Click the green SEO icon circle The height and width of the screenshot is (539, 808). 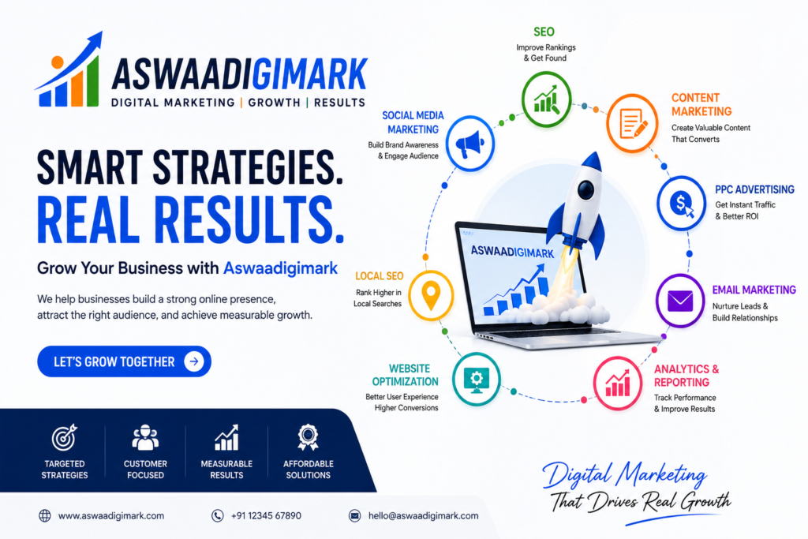pos(546,99)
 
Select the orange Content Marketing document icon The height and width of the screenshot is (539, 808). pos(632,124)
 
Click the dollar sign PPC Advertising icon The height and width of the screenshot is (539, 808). pos(682,203)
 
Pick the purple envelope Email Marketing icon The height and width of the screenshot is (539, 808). pos(680,301)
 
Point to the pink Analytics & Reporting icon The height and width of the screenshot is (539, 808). pos(617,384)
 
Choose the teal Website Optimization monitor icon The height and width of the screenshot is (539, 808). pos(477,380)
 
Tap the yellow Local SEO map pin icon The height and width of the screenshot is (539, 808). pos(432,295)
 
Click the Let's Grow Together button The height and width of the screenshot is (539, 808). pos(124,361)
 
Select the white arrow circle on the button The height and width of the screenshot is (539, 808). pos(194,361)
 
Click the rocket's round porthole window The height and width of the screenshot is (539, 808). pos(586,189)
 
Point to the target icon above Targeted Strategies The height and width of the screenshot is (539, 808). pos(65,438)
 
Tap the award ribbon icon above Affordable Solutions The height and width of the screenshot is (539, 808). pos(309,437)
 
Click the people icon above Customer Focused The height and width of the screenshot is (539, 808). pos(145,438)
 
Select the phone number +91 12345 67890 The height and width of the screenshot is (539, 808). pos(266,516)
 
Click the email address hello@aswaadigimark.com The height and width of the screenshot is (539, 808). pos(423,516)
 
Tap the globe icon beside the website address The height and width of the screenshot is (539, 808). pos(45,516)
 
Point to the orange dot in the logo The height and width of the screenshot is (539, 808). pos(58,62)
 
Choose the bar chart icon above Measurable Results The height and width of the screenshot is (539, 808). pos(226,437)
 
